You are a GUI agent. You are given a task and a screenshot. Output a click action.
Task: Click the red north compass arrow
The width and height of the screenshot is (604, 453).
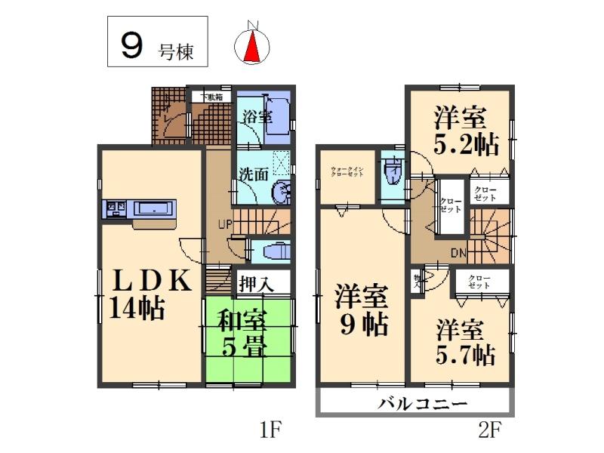[253, 48]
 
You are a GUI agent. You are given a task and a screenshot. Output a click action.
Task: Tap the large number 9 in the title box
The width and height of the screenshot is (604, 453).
[131, 47]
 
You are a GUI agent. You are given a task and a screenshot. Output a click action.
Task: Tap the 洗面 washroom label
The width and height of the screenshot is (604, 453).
[254, 173]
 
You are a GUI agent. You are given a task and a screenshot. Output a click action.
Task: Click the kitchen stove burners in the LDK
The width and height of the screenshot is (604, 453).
[116, 206]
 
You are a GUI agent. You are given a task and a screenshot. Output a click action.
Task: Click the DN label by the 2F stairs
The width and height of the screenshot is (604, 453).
[459, 253]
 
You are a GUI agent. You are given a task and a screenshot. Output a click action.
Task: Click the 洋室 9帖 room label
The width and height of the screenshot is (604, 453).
[362, 310]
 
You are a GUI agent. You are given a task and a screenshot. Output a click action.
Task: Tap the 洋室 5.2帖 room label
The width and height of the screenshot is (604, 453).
[460, 130]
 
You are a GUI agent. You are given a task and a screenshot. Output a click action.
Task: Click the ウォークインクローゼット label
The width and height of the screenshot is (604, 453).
[347, 171]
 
